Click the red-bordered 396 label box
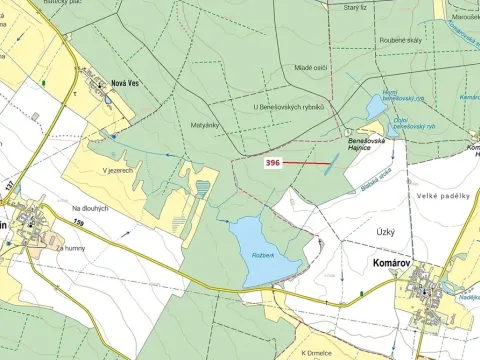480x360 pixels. pos(272,162)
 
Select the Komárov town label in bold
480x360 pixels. pos(381,269)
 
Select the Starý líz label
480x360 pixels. pos(356,7)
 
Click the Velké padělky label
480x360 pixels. pos(444,196)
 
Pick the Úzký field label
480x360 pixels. pos(386,231)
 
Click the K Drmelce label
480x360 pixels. pos(317,352)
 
